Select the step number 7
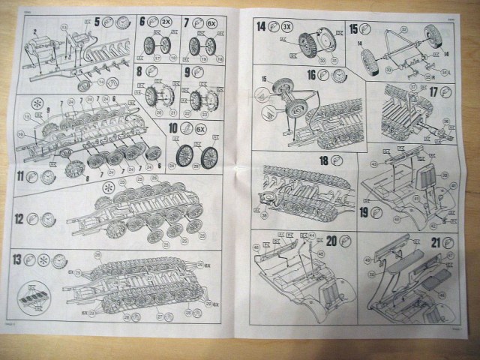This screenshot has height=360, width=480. [187, 22]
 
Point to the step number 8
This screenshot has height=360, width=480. [141, 72]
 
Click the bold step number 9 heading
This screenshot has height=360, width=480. [187, 72]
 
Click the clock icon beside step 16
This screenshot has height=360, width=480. [341, 75]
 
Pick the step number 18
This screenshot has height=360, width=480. [324, 162]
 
